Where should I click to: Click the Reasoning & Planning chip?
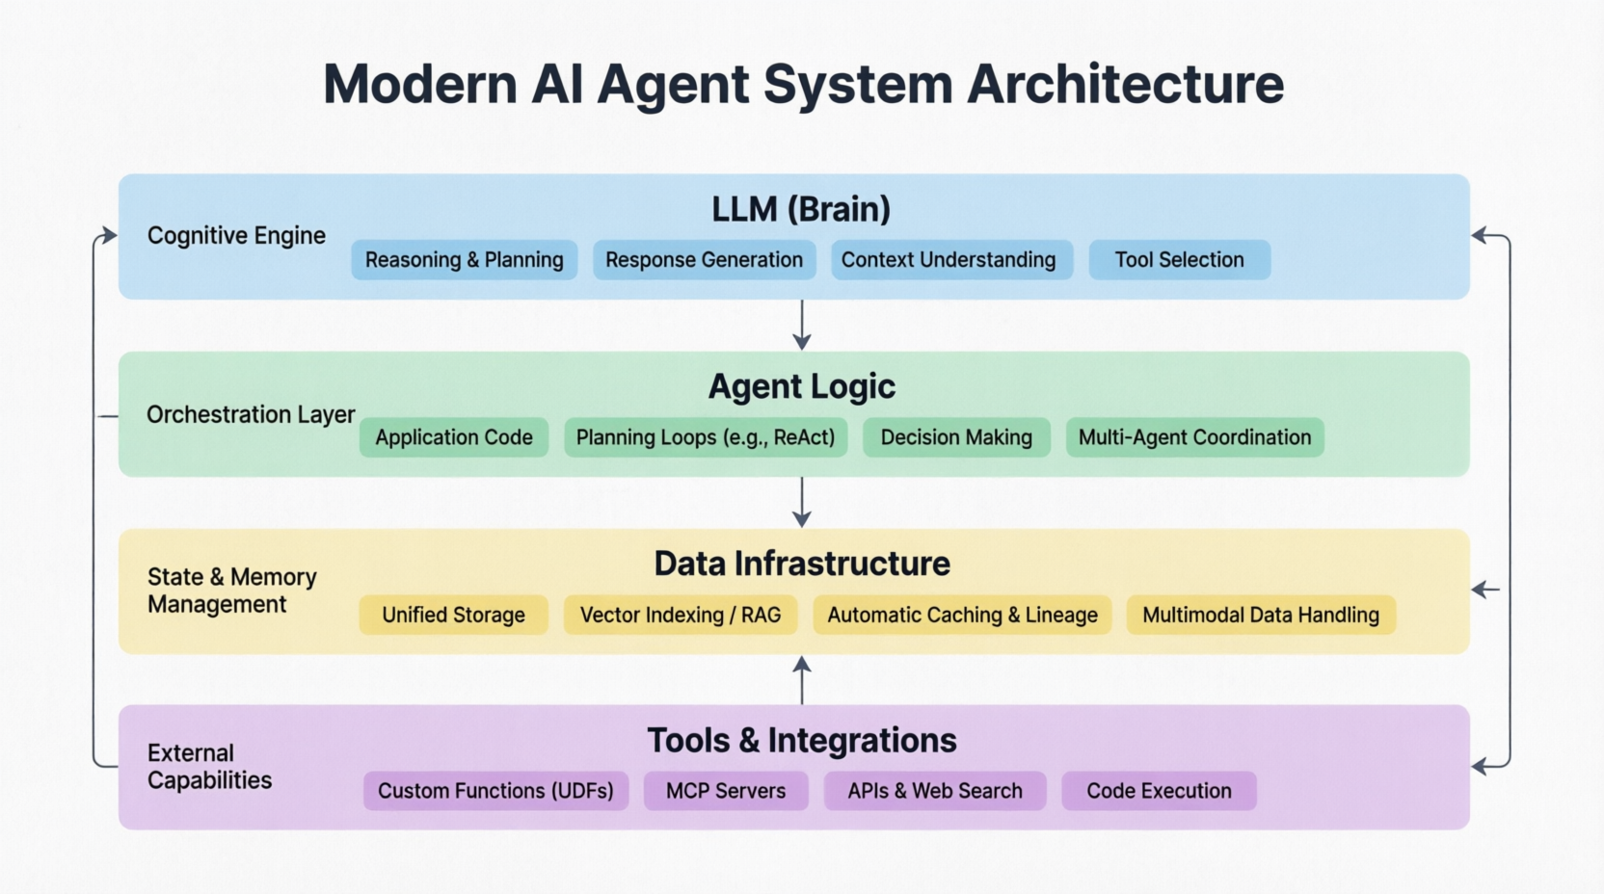(x=464, y=260)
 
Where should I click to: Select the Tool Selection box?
(x=1179, y=260)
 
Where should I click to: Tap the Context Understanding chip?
(x=951, y=260)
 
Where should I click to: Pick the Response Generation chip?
(x=704, y=260)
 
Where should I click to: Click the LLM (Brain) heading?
(x=801, y=209)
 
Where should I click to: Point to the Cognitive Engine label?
(x=236, y=235)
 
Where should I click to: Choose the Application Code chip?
(x=454, y=437)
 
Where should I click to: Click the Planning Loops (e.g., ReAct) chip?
(x=706, y=437)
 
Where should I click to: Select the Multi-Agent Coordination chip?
(x=1194, y=437)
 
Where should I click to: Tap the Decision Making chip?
(x=956, y=437)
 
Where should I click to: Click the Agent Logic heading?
(x=801, y=386)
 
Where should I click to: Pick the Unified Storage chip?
(x=453, y=615)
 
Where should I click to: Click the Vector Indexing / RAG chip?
(x=681, y=615)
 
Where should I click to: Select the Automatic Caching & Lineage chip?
(x=962, y=615)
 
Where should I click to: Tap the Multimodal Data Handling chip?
(x=1261, y=615)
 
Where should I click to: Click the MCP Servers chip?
(x=726, y=791)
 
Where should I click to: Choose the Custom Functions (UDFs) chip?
(x=495, y=791)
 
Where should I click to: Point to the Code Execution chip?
(x=1159, y=791)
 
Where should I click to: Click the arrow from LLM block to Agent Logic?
(x=802, y=325)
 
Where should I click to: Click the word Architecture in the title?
(x=1125, y=85)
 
